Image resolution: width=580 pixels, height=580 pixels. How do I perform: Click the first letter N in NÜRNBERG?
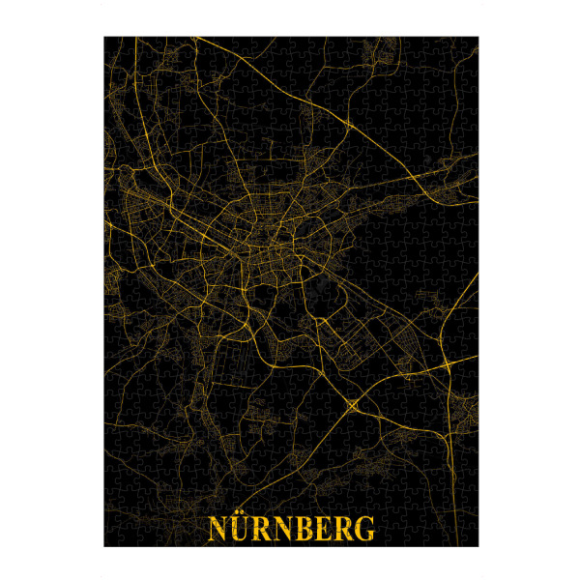(217, 531)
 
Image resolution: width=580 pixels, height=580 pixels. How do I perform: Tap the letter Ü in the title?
(239, 531)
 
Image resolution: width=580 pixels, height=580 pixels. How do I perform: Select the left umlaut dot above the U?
(235, 518)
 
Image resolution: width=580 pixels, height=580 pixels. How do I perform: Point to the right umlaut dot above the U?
(243, 518)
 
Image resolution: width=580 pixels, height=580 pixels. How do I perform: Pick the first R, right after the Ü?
(260, 531)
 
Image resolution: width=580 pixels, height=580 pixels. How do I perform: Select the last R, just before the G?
(342, 531)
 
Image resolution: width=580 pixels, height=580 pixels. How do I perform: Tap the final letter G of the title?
(363, 531)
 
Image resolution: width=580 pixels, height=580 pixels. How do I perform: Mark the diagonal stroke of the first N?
(217, 531)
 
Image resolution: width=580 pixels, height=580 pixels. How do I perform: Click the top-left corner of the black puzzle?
(104, 37)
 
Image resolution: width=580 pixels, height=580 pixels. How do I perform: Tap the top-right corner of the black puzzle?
(478, 37)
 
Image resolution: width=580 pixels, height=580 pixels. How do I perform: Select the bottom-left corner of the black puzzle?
(104, 547)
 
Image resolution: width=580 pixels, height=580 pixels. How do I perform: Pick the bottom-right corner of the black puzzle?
(478, 547)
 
